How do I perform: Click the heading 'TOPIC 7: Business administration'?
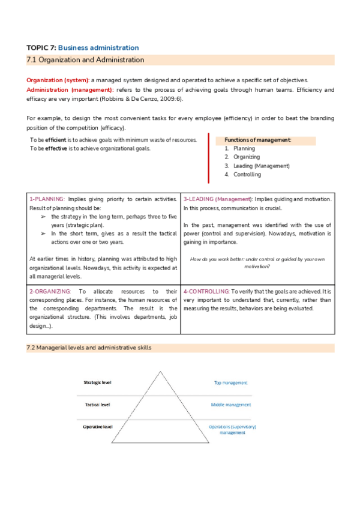tap(83, 47)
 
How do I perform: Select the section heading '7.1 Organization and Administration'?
tap(86, 60)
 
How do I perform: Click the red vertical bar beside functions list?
tap(208, 158)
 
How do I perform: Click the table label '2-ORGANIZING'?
tap(50, 291)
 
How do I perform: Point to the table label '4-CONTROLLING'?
tap(206, 291)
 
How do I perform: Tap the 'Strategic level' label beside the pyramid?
tap(97, 382)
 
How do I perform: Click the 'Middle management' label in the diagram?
tap(231, 405)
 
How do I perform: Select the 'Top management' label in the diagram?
tap(231, 382)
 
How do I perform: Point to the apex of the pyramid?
tap(160, 373)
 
